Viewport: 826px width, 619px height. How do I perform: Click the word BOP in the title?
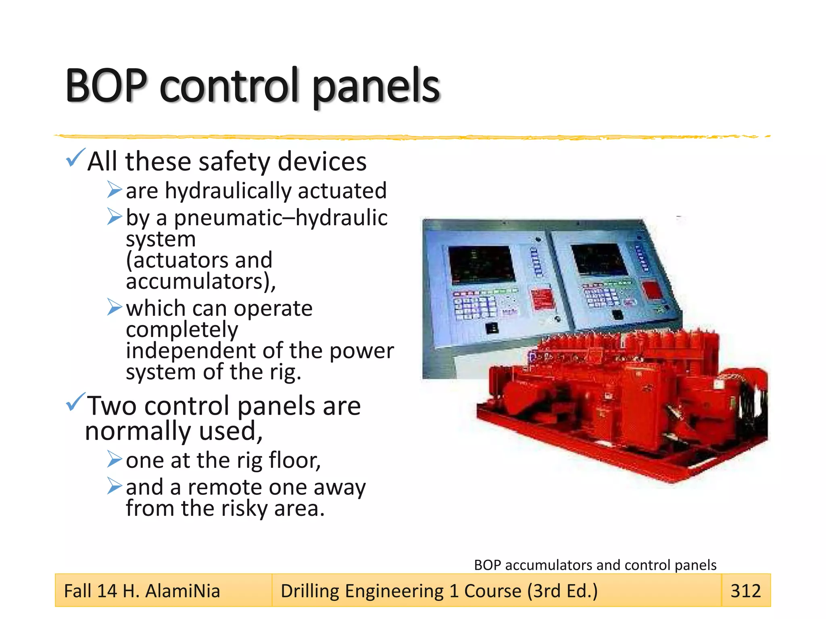(x=106, y=85)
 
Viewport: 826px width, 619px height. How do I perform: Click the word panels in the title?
(x=376, y=87)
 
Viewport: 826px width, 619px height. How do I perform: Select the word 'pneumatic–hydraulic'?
(x=281, y=218)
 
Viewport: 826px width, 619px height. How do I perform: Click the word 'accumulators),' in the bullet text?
(x=200, y=281)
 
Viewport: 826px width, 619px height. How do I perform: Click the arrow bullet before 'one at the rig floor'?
(x=114, y=459)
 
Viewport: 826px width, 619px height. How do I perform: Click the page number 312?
(x=745, y=591)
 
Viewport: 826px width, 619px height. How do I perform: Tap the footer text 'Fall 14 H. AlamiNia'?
(x=142, y=591)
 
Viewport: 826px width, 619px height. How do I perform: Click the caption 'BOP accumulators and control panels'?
(x=595, y=565)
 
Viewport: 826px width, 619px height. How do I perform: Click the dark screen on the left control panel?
(x=482, y=264)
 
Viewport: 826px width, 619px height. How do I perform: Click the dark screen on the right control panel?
(x=600, y=260)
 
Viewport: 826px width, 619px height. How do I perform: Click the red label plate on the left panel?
(x=542, y=299)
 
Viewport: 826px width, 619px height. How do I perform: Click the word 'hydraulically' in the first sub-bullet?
(x=228, y=191)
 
